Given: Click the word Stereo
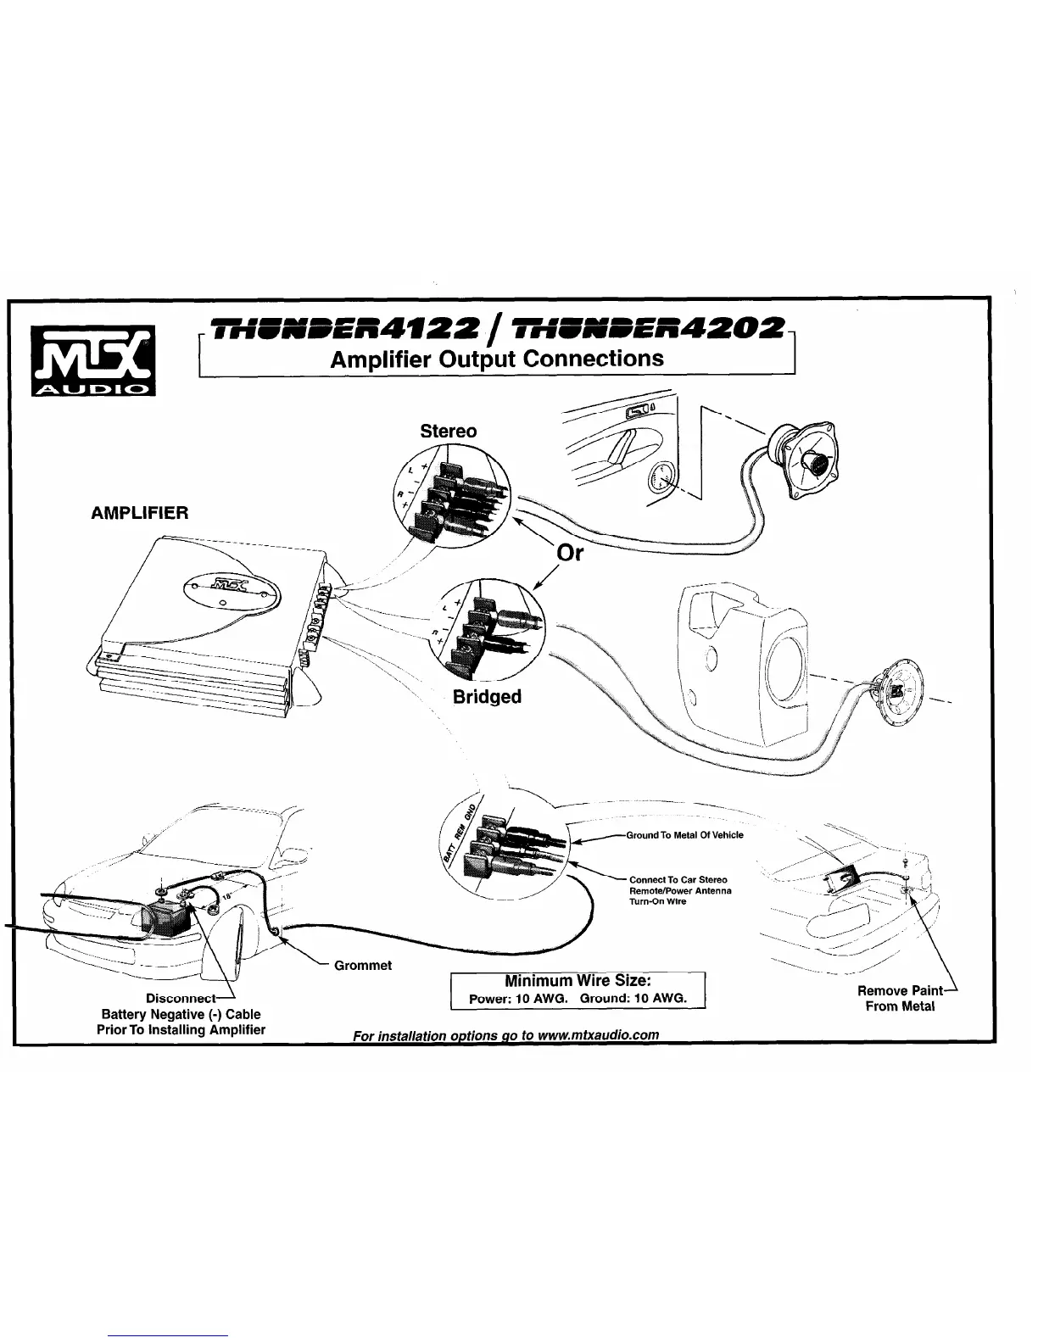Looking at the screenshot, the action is pos(449,431).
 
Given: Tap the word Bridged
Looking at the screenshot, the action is pos(487,697).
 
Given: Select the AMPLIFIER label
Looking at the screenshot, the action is pos(140,513).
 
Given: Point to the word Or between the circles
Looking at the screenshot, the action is pos(569,553).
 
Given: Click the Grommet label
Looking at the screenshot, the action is pos(363,965).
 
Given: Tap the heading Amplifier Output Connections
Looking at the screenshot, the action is pos(497,359).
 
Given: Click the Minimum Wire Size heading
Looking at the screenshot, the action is pos(578,981).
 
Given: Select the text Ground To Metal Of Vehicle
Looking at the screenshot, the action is pos(684,835).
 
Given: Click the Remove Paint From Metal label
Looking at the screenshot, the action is pos(900,999).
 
